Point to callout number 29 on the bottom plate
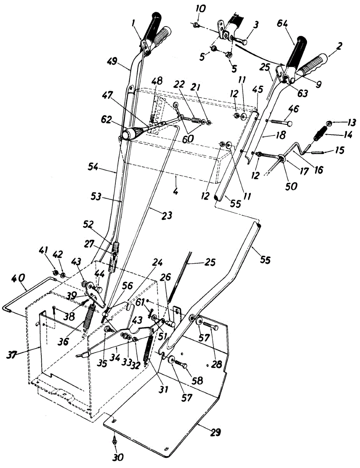pos(216,433)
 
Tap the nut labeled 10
pos(197,26)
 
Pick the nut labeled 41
pos(56,272)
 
